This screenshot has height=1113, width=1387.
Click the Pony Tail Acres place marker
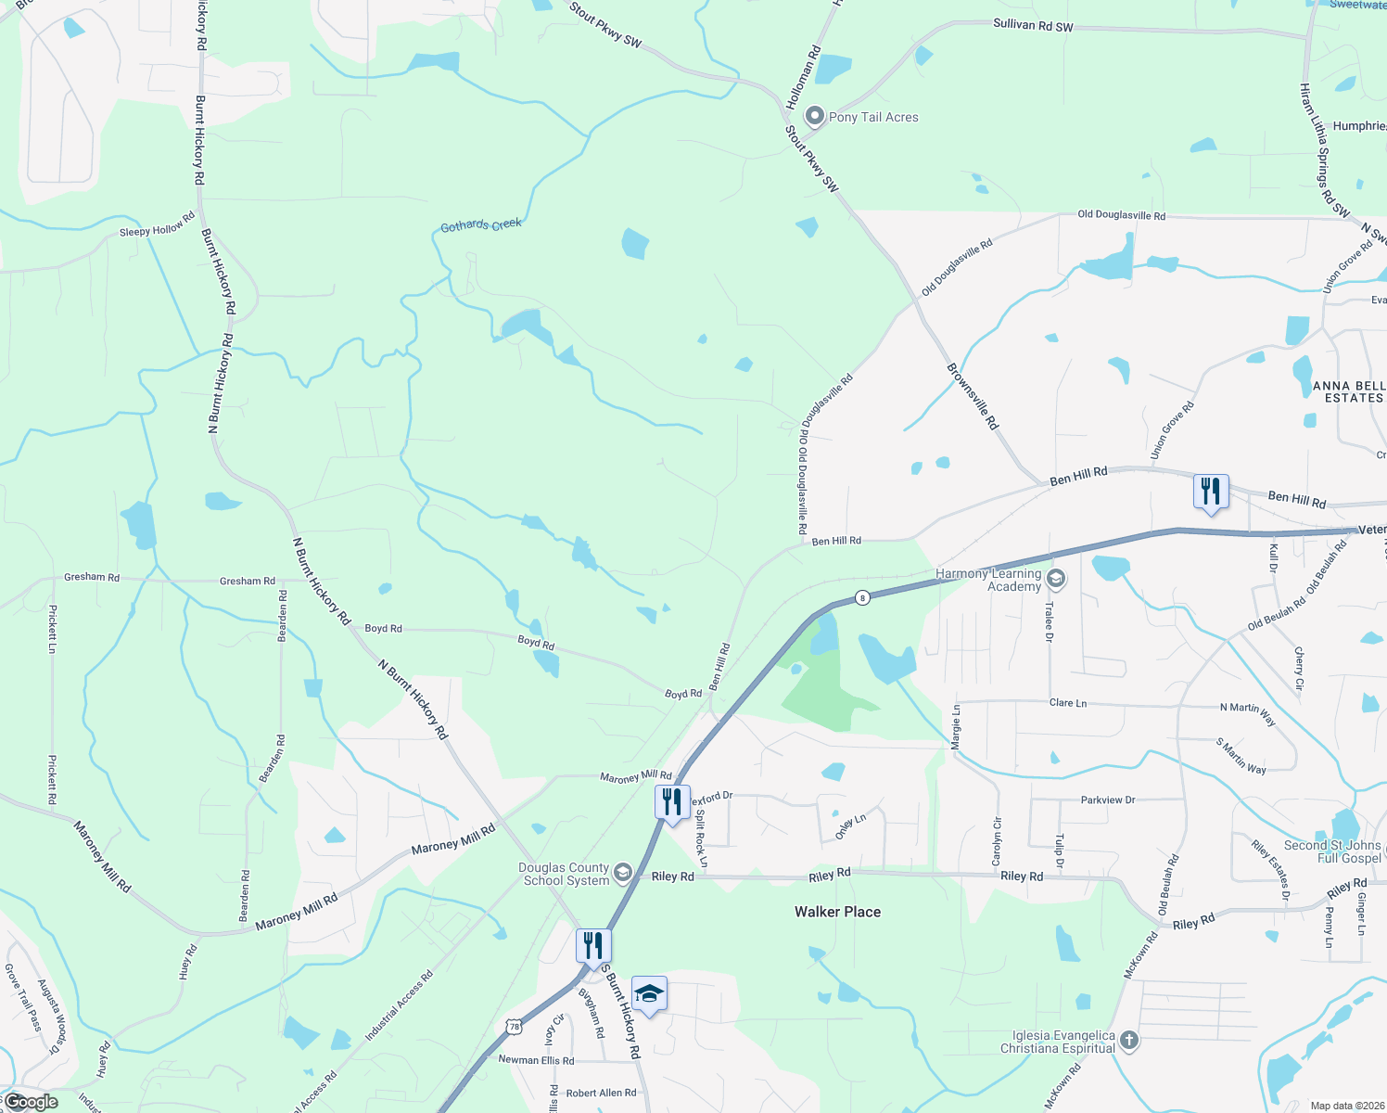tap(815, 116)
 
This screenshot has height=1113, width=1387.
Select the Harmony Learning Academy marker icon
tap(1055, 580)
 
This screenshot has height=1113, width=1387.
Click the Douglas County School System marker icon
tap(623, 873)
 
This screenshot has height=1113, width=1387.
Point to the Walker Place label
tap(837, 912)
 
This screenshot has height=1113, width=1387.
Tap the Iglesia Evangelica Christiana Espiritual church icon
tap(1128, 1040)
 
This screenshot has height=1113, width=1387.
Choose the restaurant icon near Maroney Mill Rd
tap(672, 800)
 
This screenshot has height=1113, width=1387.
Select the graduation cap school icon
tap(649, 994)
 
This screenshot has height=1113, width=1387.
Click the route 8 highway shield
tap(862, 597)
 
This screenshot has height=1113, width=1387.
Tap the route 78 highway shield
tap(515, 1026)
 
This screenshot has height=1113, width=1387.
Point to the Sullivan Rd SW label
tap(1033, 25)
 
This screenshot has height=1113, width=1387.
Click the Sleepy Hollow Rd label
tap(158, 224)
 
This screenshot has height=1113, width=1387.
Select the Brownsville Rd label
tap(973, 395)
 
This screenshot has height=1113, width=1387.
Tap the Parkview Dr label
tap(1107, 800)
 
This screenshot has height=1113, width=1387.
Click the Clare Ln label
tap(1067, 703)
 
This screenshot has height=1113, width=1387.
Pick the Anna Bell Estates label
tap(1349, 391)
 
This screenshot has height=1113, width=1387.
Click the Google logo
tap(32, 1102)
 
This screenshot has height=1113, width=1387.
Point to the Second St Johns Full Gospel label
tap(1331, 851)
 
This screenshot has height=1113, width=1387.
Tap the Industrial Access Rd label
tap(399, 1005)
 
